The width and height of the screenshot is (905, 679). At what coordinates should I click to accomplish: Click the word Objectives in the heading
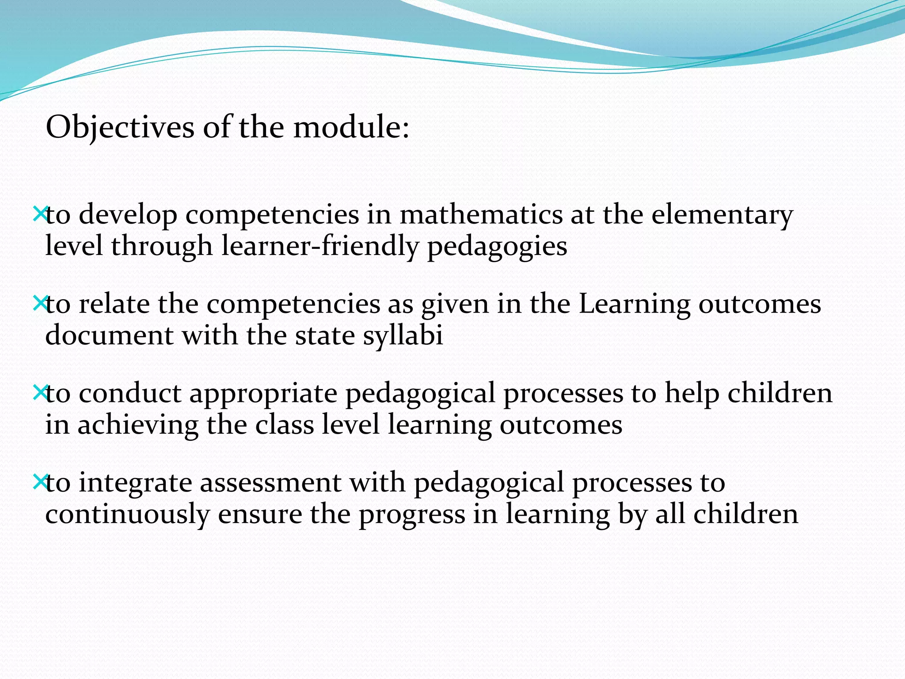[x=120, y=128]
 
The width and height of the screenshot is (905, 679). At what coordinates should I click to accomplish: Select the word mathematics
[x=481, y=215]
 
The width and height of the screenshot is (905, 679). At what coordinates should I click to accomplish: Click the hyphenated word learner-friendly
[x=320, y=246]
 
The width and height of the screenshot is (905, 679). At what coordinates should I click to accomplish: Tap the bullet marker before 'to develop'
[x=40, y=214]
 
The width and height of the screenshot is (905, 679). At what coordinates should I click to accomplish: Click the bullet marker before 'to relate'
[x=40, y=303]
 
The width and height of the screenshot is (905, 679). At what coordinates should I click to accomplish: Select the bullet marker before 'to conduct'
[x=40, y=392]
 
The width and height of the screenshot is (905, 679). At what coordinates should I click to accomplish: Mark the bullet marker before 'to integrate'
[x=40, y=482]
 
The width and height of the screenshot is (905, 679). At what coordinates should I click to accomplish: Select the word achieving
[x=138, y=425]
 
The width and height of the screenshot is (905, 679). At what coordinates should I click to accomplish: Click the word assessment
[x=270, y=483]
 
